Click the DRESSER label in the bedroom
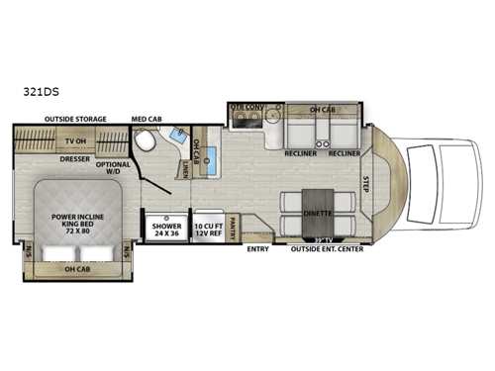click(x=76, y=158)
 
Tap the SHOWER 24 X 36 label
click(x=165, y=230)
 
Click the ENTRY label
click(x=256, y=248)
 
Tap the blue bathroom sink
click(x=179, y=138)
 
